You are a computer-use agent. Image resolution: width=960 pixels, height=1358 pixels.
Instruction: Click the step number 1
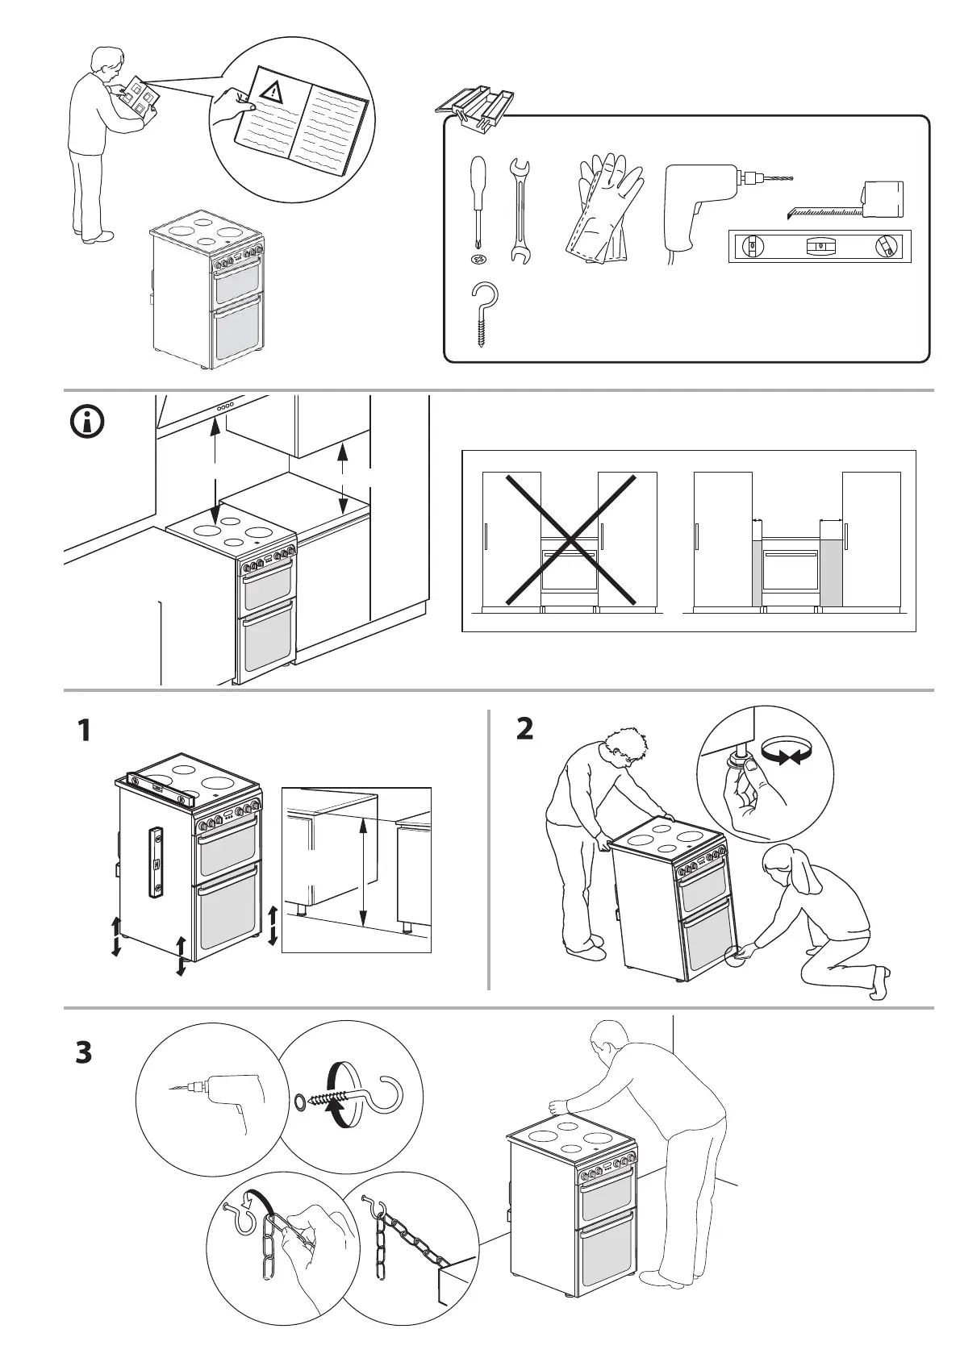84,731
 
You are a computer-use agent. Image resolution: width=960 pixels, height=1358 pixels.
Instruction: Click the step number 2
524,729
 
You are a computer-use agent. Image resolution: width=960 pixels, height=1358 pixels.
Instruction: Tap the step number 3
84,1053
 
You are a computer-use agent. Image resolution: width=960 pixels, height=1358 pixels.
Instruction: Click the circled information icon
88,422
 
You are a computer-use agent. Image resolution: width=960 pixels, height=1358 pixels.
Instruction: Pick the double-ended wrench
518,212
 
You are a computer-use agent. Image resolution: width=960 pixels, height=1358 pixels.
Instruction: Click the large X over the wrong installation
569,539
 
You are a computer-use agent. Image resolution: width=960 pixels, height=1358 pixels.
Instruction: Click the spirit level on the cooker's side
157,861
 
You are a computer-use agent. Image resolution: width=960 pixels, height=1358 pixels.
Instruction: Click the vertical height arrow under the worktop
364,871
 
